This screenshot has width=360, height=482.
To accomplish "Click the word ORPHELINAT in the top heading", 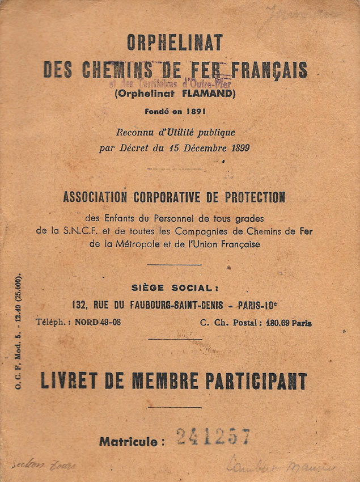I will point(175,42).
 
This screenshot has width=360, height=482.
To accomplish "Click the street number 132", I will point(79,305).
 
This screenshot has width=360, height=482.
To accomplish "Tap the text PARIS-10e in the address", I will point(259,305).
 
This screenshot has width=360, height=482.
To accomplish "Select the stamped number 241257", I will point(213,437).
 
